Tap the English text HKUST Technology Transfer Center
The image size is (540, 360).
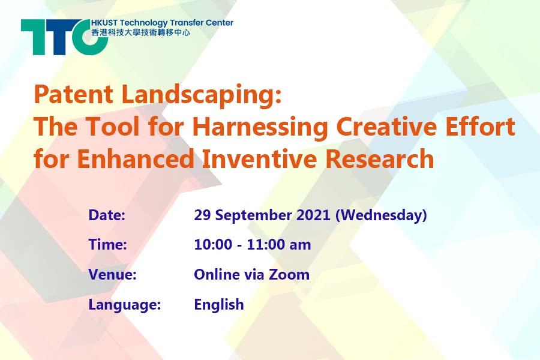pos(162,23)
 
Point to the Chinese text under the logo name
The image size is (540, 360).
pos(140,33)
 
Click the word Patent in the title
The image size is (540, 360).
pos(74,94)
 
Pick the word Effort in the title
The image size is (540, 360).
pos(481,126)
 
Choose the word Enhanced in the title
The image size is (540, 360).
pos(136,158)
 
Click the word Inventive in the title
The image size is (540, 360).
pos(259,158)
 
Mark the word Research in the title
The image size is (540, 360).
pos(379,158)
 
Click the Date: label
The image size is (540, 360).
pos(107,215)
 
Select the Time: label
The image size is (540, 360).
pos(108,245)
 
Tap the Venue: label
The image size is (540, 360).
pos(113,275)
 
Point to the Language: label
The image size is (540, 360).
pos(125,305)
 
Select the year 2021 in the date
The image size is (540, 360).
pos(313,215)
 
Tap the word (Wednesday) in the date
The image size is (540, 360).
pos(381,216)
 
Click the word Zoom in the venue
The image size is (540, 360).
pos(289,275)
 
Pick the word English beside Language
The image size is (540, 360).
pos(219,305)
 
